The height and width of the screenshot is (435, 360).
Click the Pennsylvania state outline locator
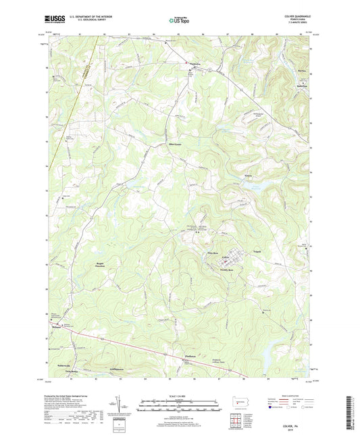pyautogui.click(x=236, y=402)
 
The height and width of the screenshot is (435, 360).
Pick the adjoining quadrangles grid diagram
pyautogui.click(x=236, y=418)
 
